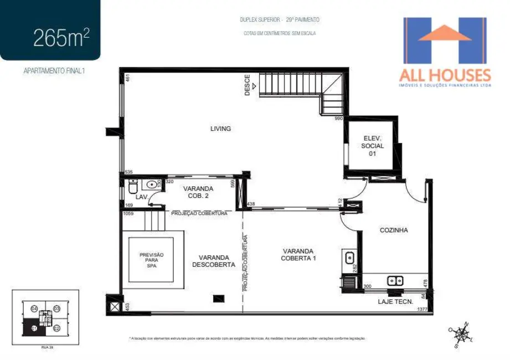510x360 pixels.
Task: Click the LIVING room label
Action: (220, 128)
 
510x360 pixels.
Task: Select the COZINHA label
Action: (394, 230)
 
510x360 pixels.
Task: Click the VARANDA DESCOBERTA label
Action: (214, 261)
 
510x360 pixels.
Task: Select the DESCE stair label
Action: (248, 85)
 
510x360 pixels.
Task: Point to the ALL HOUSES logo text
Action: (445, 75)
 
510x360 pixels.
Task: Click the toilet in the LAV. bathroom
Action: (133, 188)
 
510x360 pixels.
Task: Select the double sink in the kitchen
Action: (395, 280)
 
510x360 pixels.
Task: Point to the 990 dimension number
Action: (339, 119)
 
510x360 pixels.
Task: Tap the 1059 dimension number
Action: (128, 213)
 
